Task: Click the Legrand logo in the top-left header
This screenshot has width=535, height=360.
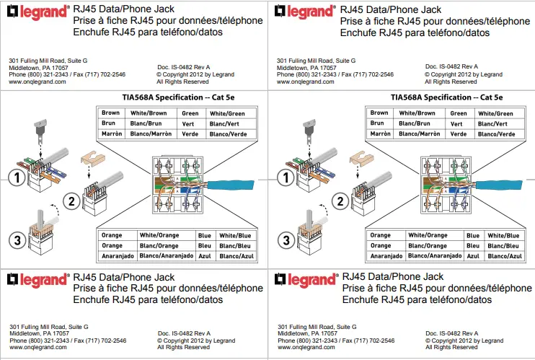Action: tap(37, 12)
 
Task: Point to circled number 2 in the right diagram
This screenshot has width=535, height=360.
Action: tap(338, 203)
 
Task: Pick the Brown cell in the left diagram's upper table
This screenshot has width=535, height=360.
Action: tap(110, 113)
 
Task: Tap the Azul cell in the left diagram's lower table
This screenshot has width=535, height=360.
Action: tap(205, 256)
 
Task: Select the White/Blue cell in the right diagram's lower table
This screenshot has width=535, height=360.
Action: tap(503, 235)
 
